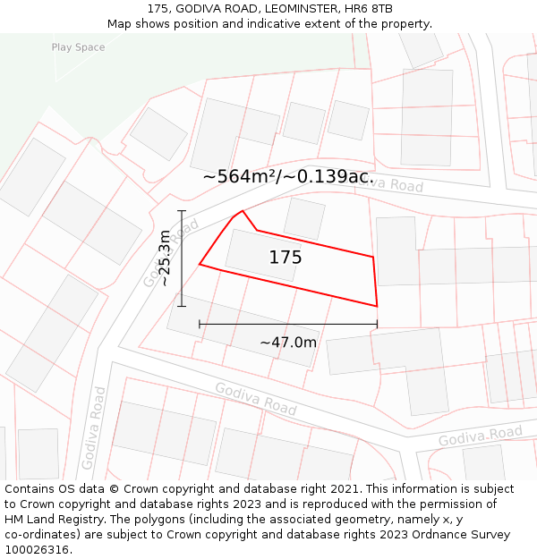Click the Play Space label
click(x=78, y=47)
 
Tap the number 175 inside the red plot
click(x=286, y=258)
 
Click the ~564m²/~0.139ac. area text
click(x=288, y=176)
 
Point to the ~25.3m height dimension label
click(x=164, y=258)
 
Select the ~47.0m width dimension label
click(x=288, y=342)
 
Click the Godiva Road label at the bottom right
click(x=480, y=436)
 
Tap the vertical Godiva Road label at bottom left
click(x=93, y=428)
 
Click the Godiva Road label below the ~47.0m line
click(x=255, y=398)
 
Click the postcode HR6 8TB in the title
click(x=371, y=9)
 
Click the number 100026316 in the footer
click(x=37, y=550)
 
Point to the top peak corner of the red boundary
click(x=243, y=211)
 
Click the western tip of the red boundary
click(x=200, y=264)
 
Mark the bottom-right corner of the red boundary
click(x=377, y=306)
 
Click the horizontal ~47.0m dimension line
click(x=287, y=325)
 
